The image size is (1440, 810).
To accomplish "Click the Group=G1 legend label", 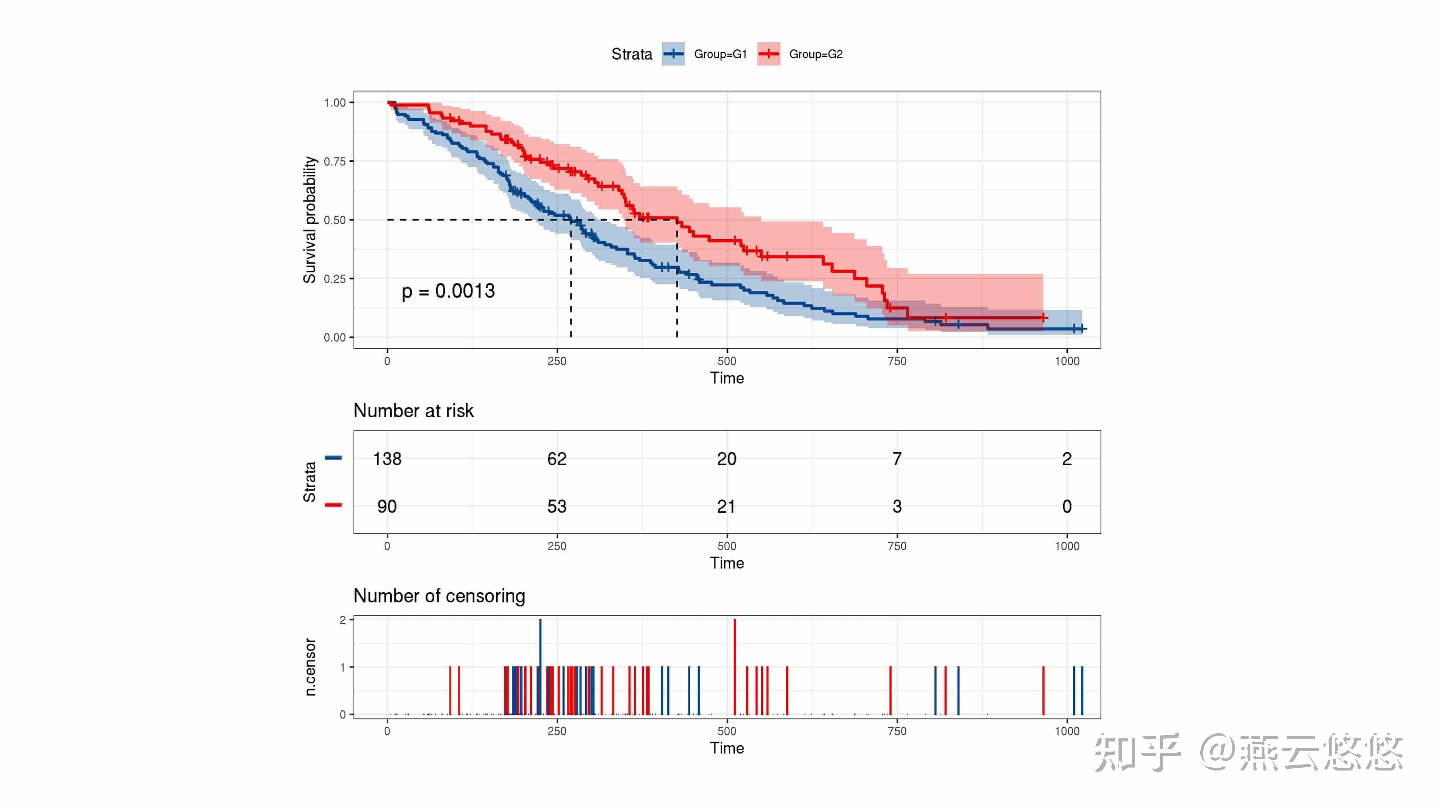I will pyautogui.click(x=720, y=54).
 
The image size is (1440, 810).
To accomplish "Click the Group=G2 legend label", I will pyautogui.click(x=816, y=54).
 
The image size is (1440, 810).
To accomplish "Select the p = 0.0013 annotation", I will pyautogui.click(x=448, y=291).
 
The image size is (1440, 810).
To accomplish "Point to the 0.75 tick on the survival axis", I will pyautogui.click(x=335, y=161).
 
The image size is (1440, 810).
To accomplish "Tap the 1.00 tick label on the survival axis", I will pyautogui.click(x=335, y=103).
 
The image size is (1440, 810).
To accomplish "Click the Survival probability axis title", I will pyautogui.click(x=310, y=220).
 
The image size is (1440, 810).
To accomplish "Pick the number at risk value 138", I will pyautogui.click(x=387, y=459).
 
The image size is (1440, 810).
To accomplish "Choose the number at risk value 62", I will pyautogui.click(x=557, y=459).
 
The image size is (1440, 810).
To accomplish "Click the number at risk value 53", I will pyautogui.click(x=557, y=507).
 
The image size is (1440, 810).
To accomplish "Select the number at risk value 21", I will pyautogui.click(x=726, y=507).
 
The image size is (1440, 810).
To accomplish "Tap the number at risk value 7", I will pyautogui.click(x=897, y=459).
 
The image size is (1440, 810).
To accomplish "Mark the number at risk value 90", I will pyautogui.click(x=387, y=507).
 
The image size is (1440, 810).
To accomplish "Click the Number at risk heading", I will pyautogui.click(x=413, y=411).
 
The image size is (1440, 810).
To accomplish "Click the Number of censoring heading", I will pyautogui.click(x=439, y=596).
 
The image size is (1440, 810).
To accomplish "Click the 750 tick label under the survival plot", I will pyautogui.click(x=897, y=361).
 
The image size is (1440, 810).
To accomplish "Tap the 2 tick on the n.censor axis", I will pyautogui.click(x=343, y=620).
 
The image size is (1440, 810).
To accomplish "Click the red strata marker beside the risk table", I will pyautogui.click(x=333, y=505).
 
